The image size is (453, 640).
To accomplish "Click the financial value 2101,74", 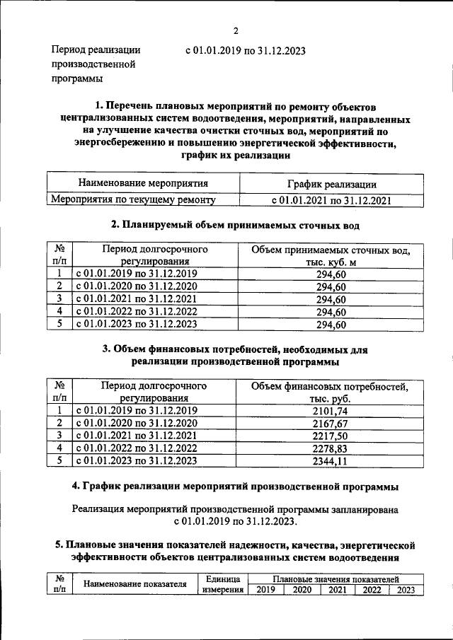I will pyautogui.click(x=331, y=410).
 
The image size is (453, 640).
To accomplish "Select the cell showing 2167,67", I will pyautogui.click(x=331, y=423).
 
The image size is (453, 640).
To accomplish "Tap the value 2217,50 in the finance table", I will pyautogui.click(x=331, y=436).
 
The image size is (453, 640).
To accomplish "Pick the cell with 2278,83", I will pyautogui.click(x=331, y=448).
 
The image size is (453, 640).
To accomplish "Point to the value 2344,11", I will pyautogui.click(x=331, y=461).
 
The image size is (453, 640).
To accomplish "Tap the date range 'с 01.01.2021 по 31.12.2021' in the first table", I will pyautogui.click(x=331, y=200).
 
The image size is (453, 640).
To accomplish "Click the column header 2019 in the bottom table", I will pyautogui.click(x=265, y=590).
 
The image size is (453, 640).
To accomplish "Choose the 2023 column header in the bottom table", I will pyautogui.click(x=406, y=590).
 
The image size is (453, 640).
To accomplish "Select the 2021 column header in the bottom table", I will pyautogui.click(x=336, y=590).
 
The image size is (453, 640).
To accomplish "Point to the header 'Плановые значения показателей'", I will pyautogui.click(x=336, y=578).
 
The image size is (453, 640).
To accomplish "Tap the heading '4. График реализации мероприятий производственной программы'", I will pyautogui.click(x=236, y=487).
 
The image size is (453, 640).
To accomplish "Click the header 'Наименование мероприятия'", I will pyautogui.click(x=138, y=184).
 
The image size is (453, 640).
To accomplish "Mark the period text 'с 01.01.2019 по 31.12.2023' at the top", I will pyautogui.click(x=245, y=50).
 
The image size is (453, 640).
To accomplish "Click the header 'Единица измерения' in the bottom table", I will pyautogui.click(x=222, y=584).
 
